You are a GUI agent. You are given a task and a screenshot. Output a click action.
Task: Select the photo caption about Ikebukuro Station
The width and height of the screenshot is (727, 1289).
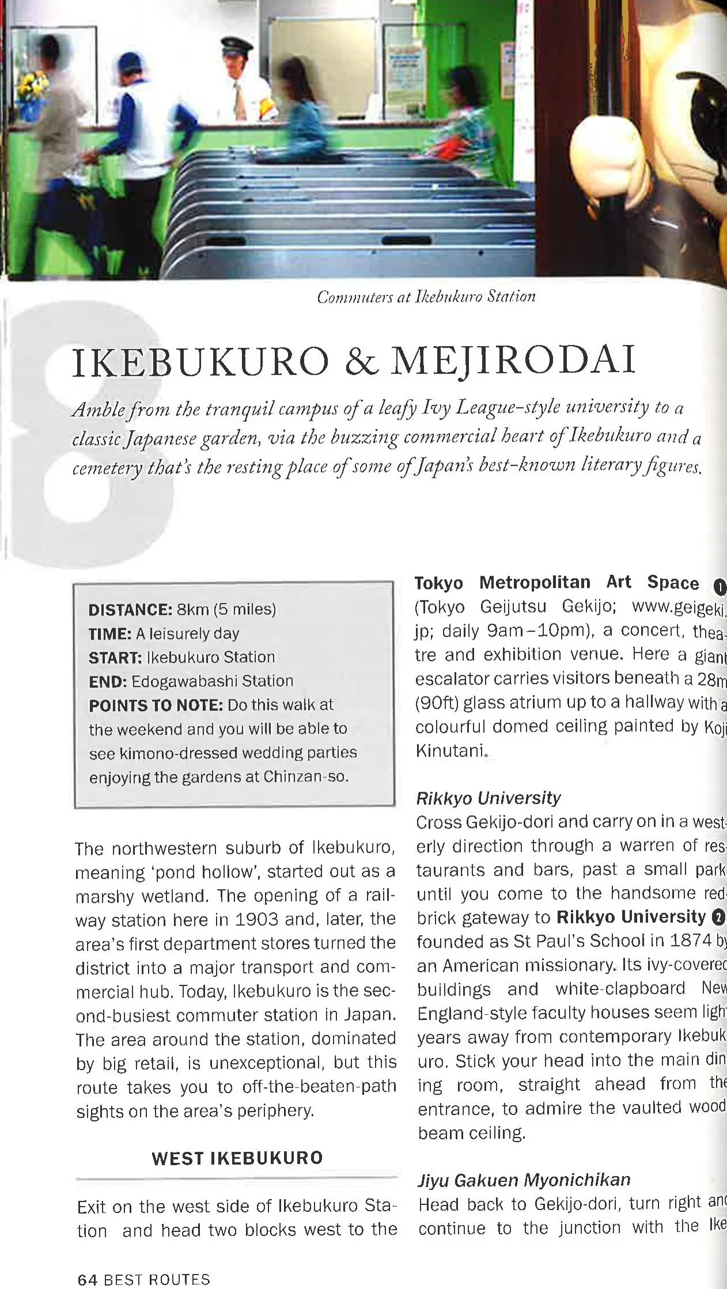pos(426,296)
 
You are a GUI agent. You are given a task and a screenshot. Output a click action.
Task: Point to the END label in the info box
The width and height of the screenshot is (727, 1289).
pos(107,682)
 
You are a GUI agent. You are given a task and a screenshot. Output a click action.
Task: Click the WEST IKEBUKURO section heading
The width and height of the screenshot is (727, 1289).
pos(237,1158)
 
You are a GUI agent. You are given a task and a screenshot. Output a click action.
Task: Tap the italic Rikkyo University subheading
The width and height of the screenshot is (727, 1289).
pos(488,798)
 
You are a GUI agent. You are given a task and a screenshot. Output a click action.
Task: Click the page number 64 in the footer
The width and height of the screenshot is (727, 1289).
pos(86,1279)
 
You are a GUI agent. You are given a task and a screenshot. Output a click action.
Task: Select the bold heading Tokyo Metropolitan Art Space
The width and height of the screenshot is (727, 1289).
pos(556,583)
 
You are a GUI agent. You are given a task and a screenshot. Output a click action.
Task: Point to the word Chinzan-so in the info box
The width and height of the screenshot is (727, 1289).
pos(306,777)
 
